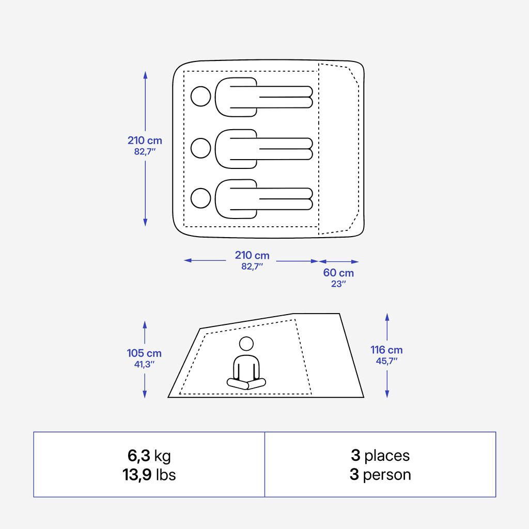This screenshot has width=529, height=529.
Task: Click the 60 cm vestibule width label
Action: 338,273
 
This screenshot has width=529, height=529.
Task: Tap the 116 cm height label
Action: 386,350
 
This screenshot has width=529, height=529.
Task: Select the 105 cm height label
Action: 144,353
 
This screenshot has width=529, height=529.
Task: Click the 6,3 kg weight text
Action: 149,456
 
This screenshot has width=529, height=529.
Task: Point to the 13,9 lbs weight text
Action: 149,475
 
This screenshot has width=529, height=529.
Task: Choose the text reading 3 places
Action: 380,456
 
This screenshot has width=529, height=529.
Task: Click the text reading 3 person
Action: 380,475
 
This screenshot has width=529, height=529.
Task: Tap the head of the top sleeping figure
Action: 201,97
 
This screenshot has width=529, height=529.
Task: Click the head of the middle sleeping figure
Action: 201,148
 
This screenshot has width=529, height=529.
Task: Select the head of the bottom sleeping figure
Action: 201,198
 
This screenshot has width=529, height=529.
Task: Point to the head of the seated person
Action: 246,344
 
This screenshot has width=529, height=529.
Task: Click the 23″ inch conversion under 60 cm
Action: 338,284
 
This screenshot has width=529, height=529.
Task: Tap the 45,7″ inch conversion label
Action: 386,361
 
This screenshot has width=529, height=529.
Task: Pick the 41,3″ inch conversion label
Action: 144,364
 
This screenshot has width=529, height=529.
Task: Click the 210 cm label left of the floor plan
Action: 145,141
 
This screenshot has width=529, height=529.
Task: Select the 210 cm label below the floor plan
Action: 252,255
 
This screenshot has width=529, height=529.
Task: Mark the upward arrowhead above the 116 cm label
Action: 387,316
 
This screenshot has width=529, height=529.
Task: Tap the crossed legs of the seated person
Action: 246,383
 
